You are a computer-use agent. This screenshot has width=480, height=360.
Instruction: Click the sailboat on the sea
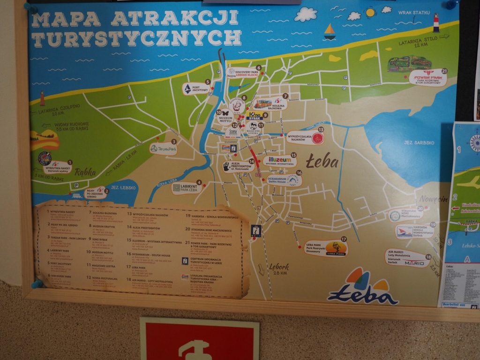330,31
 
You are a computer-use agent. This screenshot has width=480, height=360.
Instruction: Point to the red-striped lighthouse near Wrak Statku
436,23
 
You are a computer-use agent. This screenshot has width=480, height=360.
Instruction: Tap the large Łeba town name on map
322,161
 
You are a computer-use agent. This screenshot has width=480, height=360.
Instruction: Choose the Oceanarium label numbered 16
285,180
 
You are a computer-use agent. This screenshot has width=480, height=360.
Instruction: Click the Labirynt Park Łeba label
187,187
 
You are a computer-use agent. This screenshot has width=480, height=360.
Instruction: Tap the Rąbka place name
85,172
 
